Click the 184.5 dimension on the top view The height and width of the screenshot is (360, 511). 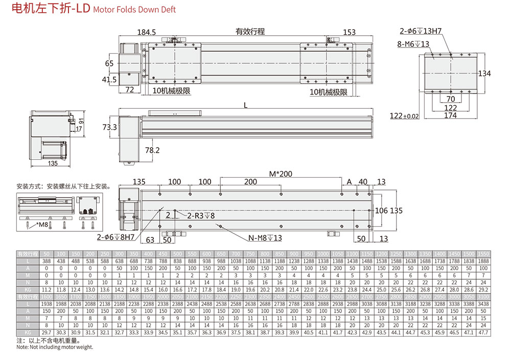[146, 32]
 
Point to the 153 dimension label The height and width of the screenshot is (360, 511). [349, 32]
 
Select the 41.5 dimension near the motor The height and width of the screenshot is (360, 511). [109, 80]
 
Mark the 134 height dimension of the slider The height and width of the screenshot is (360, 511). [484, 74]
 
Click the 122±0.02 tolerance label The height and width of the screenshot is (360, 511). [404, 116]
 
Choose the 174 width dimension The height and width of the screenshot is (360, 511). [450, 116]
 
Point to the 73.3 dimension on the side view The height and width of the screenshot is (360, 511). [109, 127]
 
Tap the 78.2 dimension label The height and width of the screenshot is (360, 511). [152, 150]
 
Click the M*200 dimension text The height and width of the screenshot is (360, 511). [281, 174]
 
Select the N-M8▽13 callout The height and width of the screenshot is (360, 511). [265, 238]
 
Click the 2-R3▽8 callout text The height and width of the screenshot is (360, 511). [194, 215]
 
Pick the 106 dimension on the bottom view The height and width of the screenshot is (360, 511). [381, 210]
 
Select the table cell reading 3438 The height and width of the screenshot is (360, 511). [482, 303]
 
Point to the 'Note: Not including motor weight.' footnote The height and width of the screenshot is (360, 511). [55, 347]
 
